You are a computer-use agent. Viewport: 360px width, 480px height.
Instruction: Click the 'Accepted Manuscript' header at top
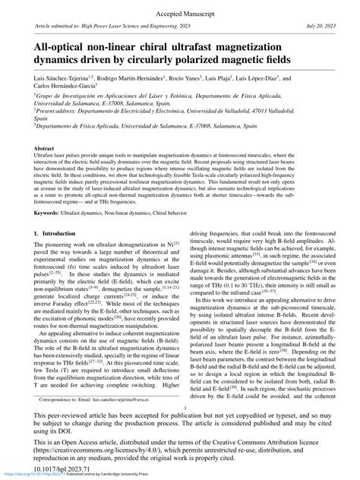(179, 14)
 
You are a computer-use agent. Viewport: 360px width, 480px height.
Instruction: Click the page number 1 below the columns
(179, 407)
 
